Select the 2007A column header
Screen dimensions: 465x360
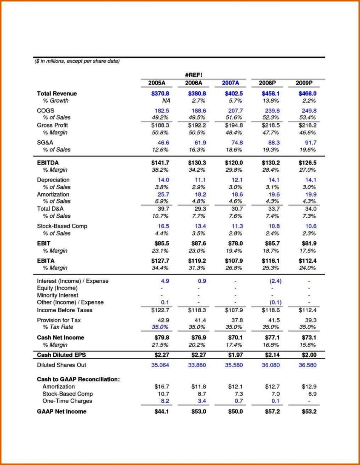coord(231,83)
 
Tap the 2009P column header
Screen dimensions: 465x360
coord(304,83)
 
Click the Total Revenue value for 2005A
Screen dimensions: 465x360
coord(160,94)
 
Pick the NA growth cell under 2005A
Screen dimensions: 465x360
coord(165,101)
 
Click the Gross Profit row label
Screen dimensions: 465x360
coord(52,125)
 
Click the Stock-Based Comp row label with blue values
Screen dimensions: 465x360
coord(62,226)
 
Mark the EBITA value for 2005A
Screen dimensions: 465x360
coord(160,261)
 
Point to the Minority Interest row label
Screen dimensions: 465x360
coord(58,295)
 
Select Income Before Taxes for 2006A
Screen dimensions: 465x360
coord(197,310)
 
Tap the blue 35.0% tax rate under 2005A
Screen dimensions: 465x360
coord(160,327)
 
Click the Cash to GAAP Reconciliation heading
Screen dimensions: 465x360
coord(78,379)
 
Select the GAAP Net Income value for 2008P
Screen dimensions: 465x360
coord(272,411)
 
